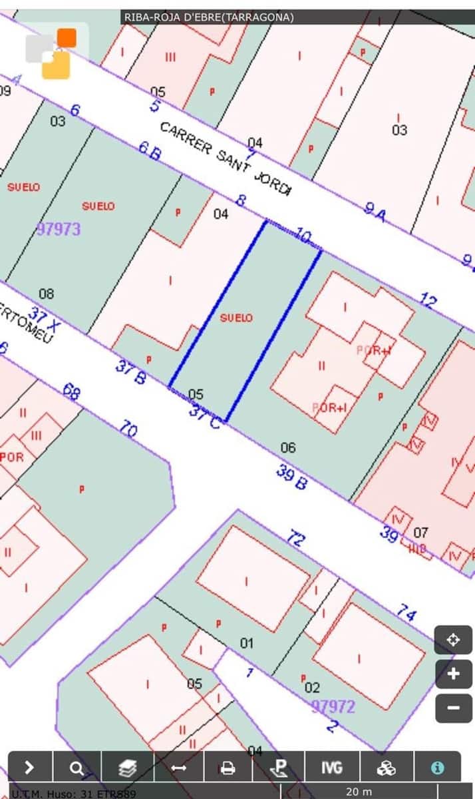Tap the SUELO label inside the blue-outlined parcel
point(236,318)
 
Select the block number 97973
point(59,229)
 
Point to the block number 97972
point(333,706)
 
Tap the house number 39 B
point(291,477)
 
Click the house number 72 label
point(295,538)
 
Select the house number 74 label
point(406,612)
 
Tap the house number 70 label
point(128,429)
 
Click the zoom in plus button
point(453,674)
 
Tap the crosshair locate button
point(453,641)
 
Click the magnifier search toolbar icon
point(77,768)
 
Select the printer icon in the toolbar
point(228,768)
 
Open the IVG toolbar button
point(331,768)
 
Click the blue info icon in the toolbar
point(437,768)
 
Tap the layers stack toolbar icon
point(127,768)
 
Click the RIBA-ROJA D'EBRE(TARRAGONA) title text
point(209,17)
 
